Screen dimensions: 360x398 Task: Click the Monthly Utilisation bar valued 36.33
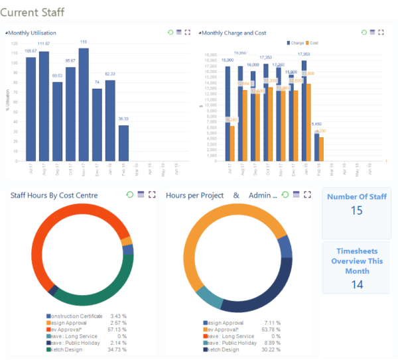[x=123, y=143]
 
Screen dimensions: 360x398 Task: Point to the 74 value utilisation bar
[x=97, y=125]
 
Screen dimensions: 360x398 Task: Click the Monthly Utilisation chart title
[x=33, y=32]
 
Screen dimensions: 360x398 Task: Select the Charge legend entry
[x=295, y=42]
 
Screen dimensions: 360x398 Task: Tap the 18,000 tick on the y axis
[x=210, y=54]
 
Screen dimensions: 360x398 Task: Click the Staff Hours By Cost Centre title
[x=54, y=195]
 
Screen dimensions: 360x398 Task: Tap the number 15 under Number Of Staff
[x=357, y=211]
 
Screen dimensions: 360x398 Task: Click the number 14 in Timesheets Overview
[x=357, y=284]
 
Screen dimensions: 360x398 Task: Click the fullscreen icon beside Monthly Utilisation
[x=188, y=32]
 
